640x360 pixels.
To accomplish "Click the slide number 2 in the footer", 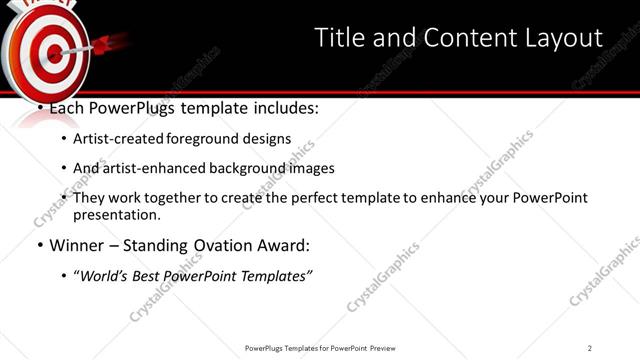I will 590,348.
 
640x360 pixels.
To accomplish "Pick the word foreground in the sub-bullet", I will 213,139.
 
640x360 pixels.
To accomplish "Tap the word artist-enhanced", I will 160,169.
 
